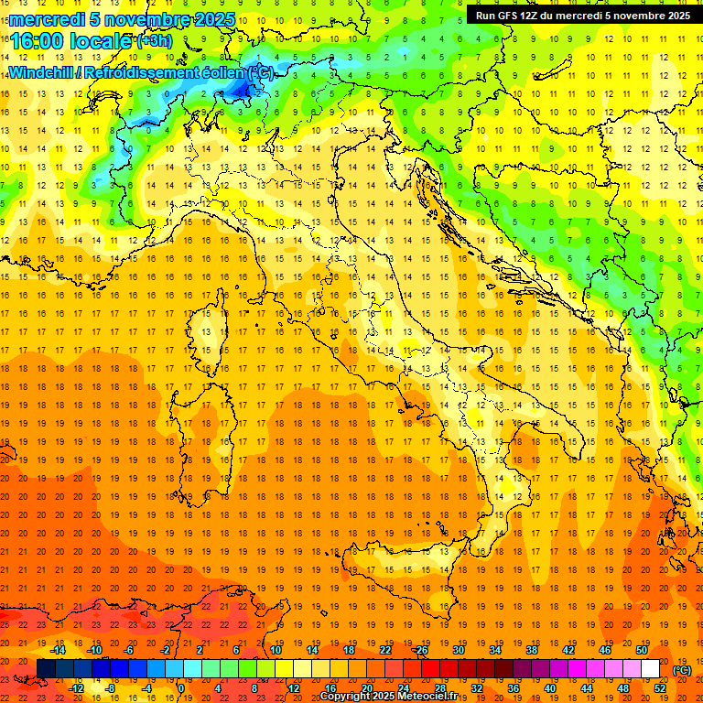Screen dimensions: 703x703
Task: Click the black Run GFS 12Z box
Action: [x=580, y=15]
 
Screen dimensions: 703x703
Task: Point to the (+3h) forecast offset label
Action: [x=154, y=41]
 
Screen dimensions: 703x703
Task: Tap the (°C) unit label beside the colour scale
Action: [x=682, y=670]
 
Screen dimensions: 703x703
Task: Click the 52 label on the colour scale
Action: [x=660, y=688]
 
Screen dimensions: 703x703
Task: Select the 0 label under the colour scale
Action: [x=181, y=688]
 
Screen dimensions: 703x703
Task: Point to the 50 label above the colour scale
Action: [x=642, y=650]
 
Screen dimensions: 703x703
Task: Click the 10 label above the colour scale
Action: [x=276, y=650]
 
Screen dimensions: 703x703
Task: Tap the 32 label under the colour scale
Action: [x=477, y=688]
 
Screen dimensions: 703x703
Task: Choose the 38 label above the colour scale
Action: [x=532, y=650]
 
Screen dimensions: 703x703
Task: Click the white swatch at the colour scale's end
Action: [x=651, y=669]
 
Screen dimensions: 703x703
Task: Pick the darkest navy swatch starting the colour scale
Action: [x=46, y=669]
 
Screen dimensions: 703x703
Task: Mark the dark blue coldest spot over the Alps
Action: [x=244, y=89]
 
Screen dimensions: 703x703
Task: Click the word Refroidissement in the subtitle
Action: [x=152, y=72]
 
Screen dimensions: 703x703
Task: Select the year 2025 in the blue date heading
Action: [x=214, y=19]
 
